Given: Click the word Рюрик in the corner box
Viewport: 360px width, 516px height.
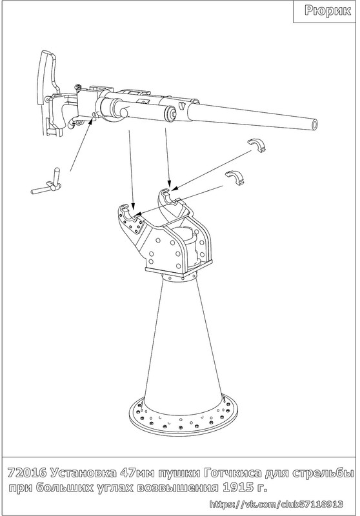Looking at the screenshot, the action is [328, 11].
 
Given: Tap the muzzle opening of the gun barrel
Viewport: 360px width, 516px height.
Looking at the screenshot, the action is [315, 124].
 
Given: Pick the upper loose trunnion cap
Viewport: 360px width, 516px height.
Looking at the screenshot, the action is [257, 145].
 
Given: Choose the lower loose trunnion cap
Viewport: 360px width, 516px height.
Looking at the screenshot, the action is [235, 178].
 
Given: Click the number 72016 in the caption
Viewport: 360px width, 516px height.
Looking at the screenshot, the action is [26, 473].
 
